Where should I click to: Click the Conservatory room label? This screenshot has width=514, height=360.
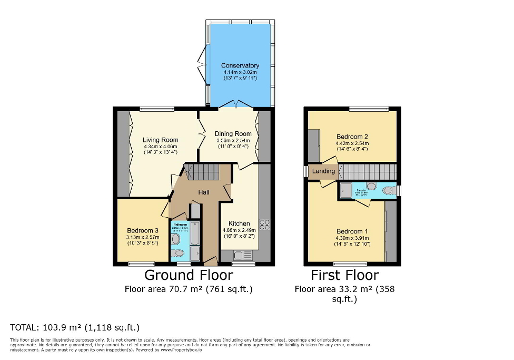click(240, 65)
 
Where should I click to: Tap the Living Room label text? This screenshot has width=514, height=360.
click(161, 140)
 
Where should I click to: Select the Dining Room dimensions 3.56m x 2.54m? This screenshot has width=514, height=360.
click(234, 141)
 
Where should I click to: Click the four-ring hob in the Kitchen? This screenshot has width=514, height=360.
click(264, 225)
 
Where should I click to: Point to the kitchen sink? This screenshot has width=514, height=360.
click(240, 256)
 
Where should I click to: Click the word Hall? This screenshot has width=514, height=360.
click(204, 192)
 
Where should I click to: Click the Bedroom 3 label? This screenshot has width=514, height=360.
click(142, 230)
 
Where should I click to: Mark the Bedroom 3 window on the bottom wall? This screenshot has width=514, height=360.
click(142, 264)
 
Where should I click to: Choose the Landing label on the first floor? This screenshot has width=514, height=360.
click(323, 171)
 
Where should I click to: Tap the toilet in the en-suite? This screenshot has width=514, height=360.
click(388, 190)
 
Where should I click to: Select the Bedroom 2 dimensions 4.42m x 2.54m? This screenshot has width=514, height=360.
click(352, 143)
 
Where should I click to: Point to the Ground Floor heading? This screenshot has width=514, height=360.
click(189, 275)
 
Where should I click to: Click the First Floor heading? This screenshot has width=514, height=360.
click(344, 275)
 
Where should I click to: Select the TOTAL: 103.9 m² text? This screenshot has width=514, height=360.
click(75, 327)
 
